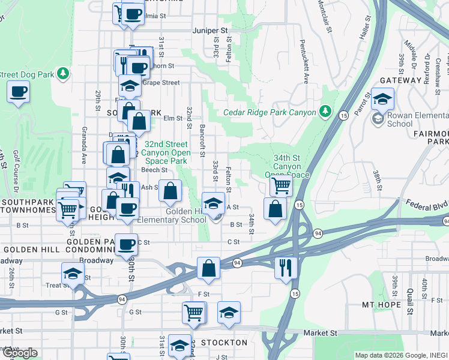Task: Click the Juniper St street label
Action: pos(211,30)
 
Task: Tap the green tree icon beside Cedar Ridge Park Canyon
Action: pos(325,111)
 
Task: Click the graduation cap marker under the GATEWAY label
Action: pos(382,98)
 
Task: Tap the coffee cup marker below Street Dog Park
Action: pos(18,92)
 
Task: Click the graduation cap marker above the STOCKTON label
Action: pos(229,313)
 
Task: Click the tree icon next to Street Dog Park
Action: pos(62,74)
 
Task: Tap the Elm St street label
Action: pos(173,118)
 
